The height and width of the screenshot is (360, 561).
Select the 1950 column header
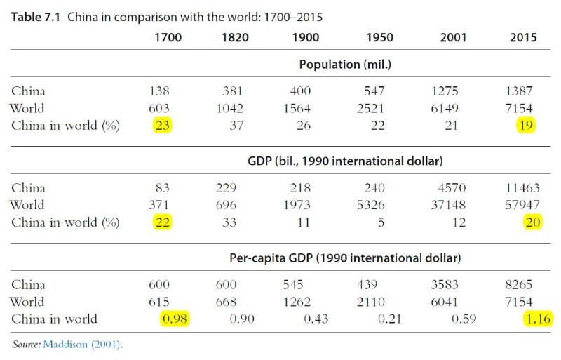click(x=379, y=38)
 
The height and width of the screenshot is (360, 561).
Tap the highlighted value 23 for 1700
click(x=162, y=126)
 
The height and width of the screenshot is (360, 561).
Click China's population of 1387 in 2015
click(x=522, y=91)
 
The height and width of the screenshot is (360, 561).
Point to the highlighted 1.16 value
click(x=536, y=319)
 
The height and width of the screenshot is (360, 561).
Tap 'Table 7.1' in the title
click(x=36, y=16)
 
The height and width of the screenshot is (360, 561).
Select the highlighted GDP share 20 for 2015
click(x=532, y=222)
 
